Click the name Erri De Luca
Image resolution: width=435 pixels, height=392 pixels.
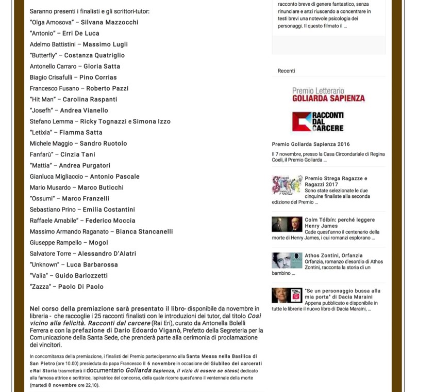[81, 34]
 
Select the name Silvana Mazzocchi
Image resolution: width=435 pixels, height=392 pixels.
[109, 23]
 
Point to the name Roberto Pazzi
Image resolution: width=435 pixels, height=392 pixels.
[107, 88]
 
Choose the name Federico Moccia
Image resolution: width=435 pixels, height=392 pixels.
[110, 221]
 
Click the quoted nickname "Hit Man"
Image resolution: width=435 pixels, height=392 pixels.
[43, 100]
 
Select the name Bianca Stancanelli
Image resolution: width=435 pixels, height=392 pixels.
[144, 232]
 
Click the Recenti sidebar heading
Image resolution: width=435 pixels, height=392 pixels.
[286, 71]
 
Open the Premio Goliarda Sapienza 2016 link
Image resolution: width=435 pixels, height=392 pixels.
[311, 145]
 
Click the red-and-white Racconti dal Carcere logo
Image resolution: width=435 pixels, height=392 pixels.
[317, 122]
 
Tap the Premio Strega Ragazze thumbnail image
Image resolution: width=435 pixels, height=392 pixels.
[287, 185]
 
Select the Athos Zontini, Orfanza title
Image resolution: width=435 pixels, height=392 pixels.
[333, 256]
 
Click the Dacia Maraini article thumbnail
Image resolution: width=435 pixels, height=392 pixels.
[287, 295]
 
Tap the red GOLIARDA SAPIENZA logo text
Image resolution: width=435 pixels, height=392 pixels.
[328, 98]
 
